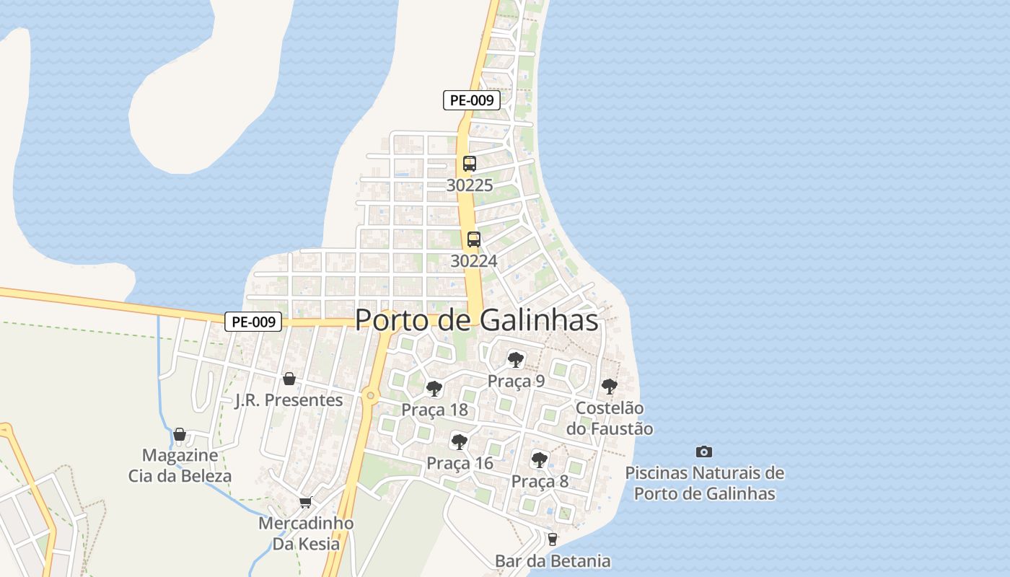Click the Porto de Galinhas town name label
(x=477, y=320)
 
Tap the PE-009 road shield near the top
(x=472, y=100)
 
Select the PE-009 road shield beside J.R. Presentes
(x=253, y=322)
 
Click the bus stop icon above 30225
(x=470, y=164)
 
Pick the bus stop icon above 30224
(x=474, y=239)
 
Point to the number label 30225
(x=470, y=185)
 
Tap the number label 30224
(x=474, y=261)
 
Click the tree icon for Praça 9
(x=516, y=359)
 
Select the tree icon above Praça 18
(x=434, y=389)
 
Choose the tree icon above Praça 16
(x=460, y=441)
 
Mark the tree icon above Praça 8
(x=540, y=459)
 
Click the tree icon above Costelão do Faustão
(x=610, y=386)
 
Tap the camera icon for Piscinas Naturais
(x=704, y=452)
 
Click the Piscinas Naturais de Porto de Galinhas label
(x=704, y=483)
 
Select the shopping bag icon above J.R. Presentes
(x=289, y=379)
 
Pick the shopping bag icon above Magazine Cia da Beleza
(x=180, y=434)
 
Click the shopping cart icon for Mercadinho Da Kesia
(x=306, y=502)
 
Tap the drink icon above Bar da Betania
(x=553, y=539)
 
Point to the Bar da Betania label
(x=553, y=560)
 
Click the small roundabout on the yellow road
(x=371, y=395)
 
